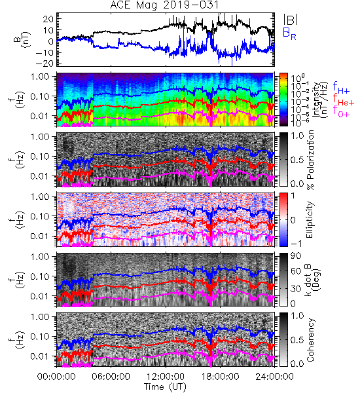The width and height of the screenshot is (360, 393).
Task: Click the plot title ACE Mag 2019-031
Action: (x=164, y=5)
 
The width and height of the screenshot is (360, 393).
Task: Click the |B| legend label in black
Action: (x=291, y=20)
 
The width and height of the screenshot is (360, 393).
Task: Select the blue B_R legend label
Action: (x=289, y=33)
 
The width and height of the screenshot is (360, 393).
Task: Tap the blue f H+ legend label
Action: (x=341, y=88)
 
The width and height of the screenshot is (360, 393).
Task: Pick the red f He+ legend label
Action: (x=344, y=100)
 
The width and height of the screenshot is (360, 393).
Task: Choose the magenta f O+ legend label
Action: (x=341, y=111)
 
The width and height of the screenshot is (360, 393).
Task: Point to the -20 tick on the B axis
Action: (x=45, y=64)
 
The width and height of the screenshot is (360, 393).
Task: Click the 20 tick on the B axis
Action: (x=48, y=19)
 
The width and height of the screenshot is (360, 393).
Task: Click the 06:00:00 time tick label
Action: (x=111, y=377)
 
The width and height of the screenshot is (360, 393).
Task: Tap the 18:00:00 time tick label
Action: (x=220, y=377)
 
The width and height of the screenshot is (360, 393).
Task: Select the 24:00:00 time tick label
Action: (x=274, y=377)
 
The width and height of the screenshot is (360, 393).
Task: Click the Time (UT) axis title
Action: (x=165, y=386)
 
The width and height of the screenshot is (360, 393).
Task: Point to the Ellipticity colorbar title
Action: (x=310, y=220)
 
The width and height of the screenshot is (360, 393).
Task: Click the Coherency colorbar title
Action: (x=310, y=340)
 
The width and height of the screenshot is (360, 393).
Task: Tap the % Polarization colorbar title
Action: (x=310, y=160)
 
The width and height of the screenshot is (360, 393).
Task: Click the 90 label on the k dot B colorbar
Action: (x=296, y=255)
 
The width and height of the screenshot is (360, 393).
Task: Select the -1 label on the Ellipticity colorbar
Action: (x=296, y=244)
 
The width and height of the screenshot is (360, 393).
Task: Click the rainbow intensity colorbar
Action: (x=283, y=100)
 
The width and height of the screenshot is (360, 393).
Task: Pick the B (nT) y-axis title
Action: (x=22, y=39)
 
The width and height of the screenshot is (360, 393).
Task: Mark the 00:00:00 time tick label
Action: (x=56, y=377)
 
